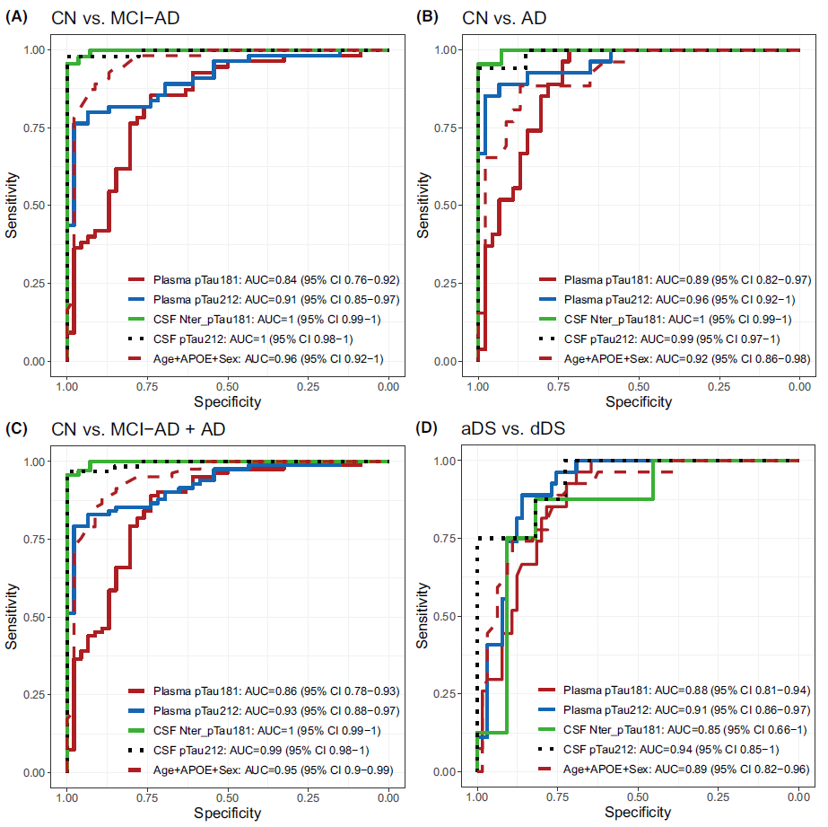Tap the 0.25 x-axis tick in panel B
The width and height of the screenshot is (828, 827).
coord(719,386)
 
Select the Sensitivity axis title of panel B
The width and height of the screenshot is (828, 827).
coord(423,206)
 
